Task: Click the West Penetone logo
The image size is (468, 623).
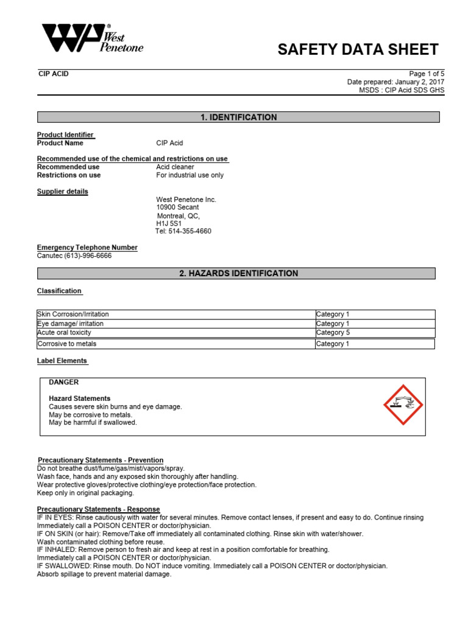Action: point(91,40)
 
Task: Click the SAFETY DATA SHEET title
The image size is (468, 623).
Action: point(358,50)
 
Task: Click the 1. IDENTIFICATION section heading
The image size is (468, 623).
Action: point(238,117)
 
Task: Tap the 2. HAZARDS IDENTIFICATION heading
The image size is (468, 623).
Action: point(238,274)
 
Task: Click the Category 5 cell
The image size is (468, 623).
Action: point(333,333)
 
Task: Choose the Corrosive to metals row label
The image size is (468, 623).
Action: point(67,344)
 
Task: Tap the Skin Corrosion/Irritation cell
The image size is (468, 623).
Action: point(73,314)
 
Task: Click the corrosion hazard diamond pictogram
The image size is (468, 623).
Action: point(403,405)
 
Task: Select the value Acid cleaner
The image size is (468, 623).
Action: point(175,167)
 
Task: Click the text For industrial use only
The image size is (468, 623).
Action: point(190,175)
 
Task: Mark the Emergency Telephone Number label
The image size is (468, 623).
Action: point(87,248)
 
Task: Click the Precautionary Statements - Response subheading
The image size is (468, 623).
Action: point(99,509)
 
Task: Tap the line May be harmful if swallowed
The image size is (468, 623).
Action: point(93,422)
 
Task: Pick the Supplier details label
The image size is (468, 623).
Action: point(62,192)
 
